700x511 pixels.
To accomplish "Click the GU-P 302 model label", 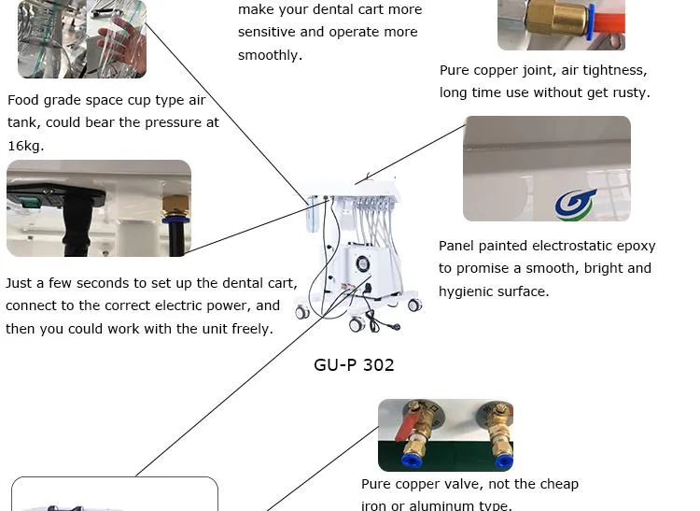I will pyautogui.click(x=354, y=364).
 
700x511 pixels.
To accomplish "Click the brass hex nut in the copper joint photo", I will pyautogui.click(x=556, y=18).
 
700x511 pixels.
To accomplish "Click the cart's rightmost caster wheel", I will pyautogui.click(x=414, y=305).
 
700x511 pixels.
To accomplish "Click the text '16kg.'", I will pyautogui.click(x=26, y=146).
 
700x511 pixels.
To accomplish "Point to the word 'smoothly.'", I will pyautogui.click(x=270, y=55).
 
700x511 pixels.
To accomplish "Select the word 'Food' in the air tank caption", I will pyautogui.click(x=24, y=100).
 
